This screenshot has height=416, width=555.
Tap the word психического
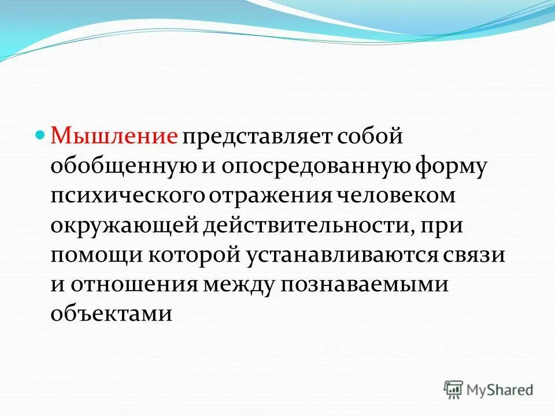tap(128, 196)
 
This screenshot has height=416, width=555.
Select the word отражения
tap(270, 196)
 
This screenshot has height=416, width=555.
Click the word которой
tap(186, 255)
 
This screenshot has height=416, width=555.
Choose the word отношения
tap(136, 285)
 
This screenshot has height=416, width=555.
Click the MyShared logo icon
tap(454, 390)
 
